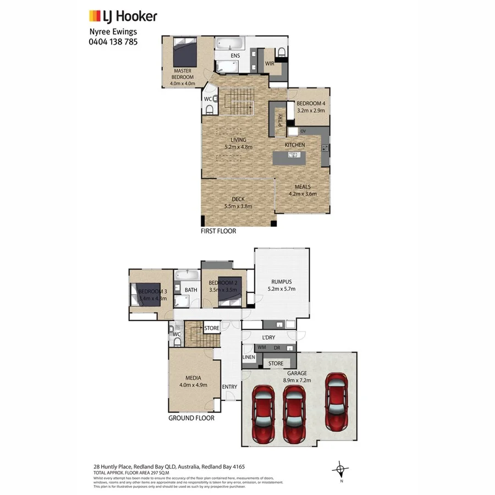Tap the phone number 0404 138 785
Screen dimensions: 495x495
[113, 41]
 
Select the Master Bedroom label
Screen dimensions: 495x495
[183, 74]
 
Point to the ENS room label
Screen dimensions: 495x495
[235, 56]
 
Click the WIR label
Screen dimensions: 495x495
[269, 64]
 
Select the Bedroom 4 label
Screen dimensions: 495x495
[311, 103]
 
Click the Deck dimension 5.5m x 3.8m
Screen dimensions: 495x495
[238, 206]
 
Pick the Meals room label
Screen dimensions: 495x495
[302, 187]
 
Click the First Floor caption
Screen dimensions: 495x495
[218, 231]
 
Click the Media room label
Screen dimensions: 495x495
[193, 378]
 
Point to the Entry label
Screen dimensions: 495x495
[229, 387]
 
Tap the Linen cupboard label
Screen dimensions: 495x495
[249, 358]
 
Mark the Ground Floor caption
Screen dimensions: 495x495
[191, 418]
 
